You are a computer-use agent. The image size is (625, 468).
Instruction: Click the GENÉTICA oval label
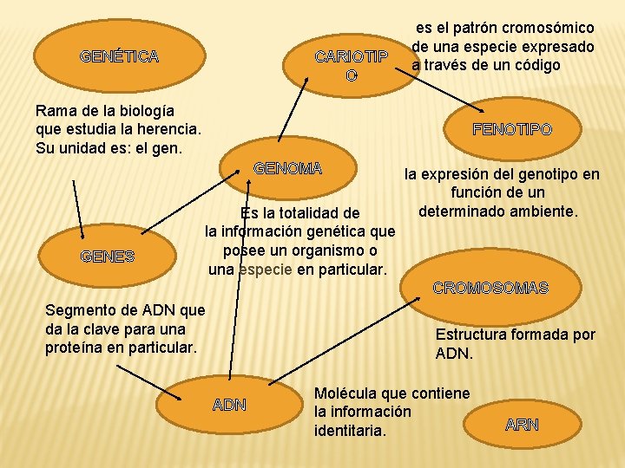pos(119,57)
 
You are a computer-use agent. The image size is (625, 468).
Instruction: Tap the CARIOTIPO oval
pos(351,66)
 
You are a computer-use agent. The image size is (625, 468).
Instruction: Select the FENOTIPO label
pos(511,129)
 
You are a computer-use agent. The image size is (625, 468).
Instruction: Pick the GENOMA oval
pos(288,168)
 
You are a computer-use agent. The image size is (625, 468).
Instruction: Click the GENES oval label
pos(107,256)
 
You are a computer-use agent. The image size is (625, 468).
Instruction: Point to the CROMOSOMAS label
pos(490,288)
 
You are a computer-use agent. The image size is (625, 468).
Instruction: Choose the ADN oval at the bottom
pos(229,405)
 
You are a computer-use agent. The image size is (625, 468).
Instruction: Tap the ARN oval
pos(522,425)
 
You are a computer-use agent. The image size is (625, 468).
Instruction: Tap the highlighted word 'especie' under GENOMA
pos(266,270)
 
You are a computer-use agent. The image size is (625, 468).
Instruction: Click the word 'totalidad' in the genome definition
pos(309,213)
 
